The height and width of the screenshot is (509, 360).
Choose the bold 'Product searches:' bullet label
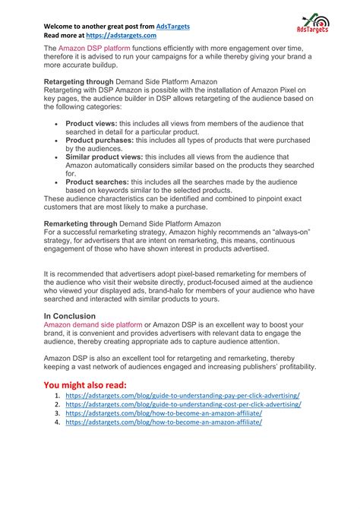[x=97, y=182]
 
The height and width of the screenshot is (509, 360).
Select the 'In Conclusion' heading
[x=70, y=315]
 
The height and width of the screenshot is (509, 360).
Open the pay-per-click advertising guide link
[x=182, y=396]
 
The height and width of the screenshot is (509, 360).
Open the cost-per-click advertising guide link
[x=183, y=405]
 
